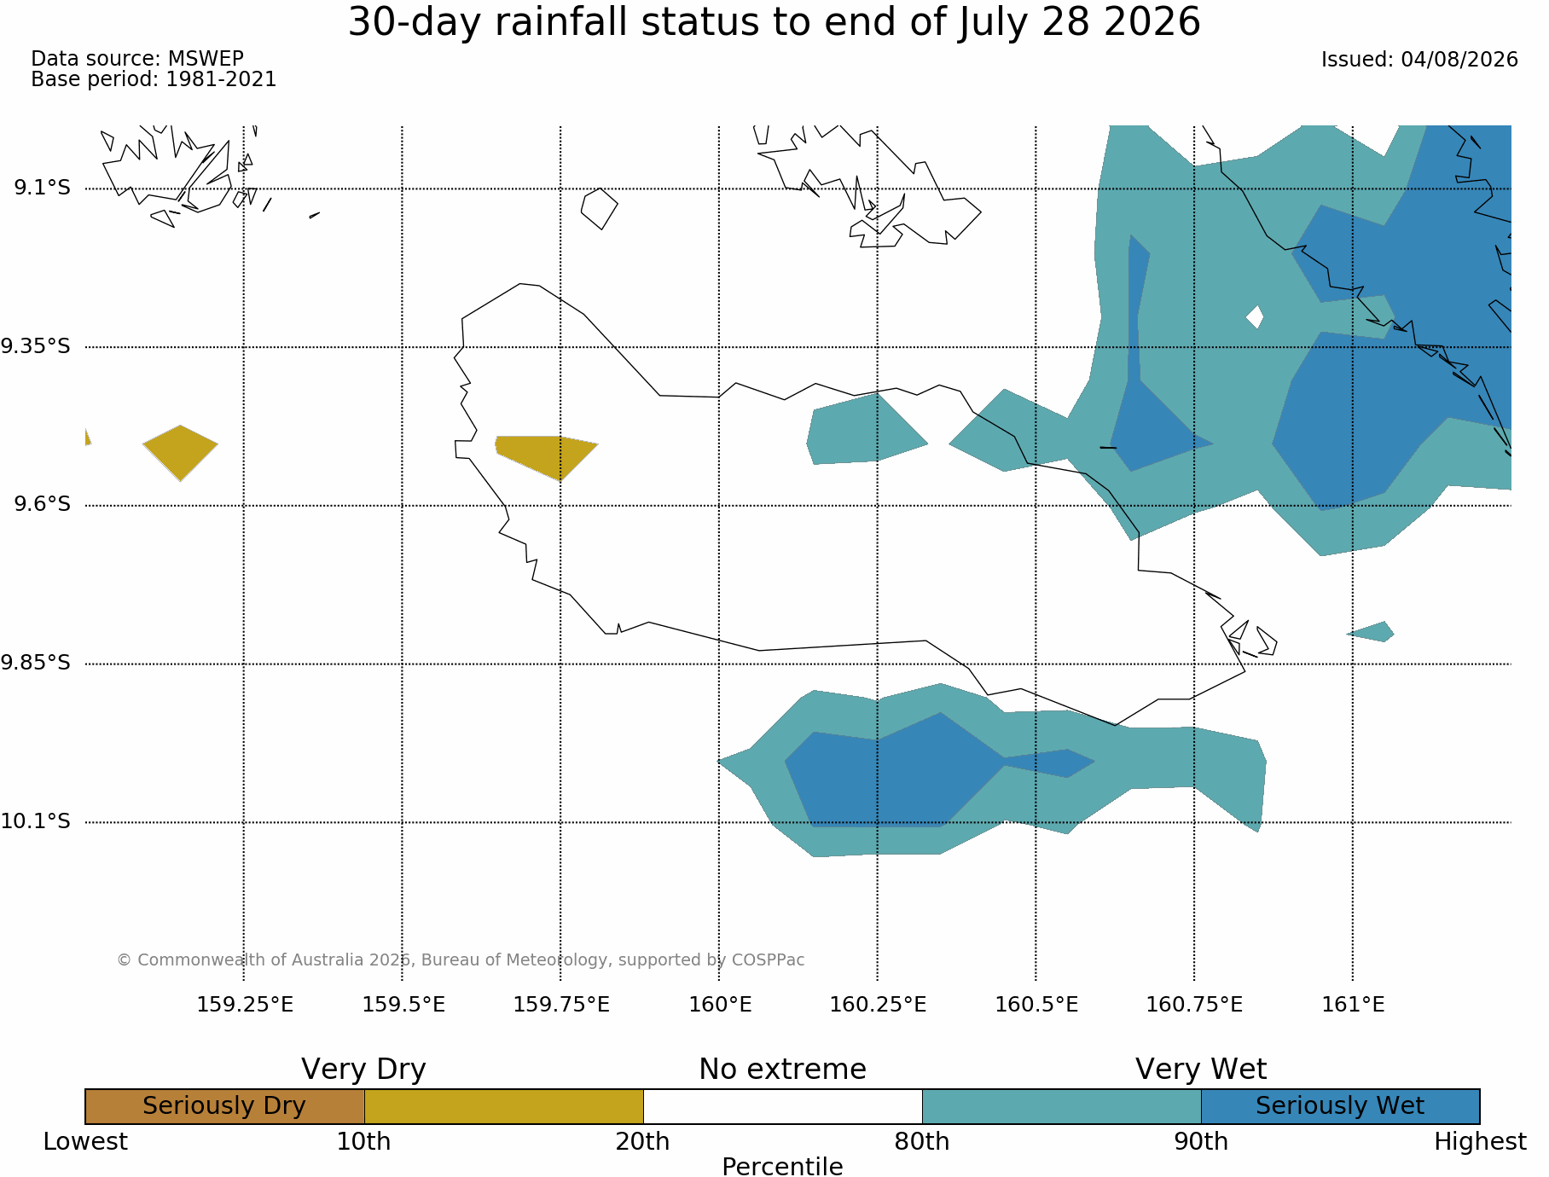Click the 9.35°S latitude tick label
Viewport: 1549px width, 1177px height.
(x=35, y=346)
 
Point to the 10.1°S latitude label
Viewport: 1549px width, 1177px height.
(x=35, y=821)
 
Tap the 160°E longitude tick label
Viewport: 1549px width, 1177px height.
(x=720, y=1005)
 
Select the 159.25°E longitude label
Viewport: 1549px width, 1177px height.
(x=245, y=1005)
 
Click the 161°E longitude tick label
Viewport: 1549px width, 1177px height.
(x=1353, y=1005)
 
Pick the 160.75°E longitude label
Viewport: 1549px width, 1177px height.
(x=1194, y=1005)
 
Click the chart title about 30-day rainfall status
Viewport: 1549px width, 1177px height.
(x=774, y=22)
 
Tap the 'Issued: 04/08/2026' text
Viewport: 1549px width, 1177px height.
(x=1419, y=60)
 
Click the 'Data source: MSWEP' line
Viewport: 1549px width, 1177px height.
(x=137, y=59)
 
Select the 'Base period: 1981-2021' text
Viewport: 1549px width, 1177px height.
(x=154, y=79)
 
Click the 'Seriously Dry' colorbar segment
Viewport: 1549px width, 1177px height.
(x=224, y=1106)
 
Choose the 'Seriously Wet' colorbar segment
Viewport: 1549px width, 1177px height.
(x=1340, y=1106)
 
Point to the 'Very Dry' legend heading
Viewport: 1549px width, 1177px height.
(x=363, y=1069)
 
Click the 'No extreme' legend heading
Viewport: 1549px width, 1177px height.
(x=782, y=1069)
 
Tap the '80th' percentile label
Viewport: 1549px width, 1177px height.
(x=922, y=1141)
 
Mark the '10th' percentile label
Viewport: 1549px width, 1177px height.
(x=364, y=1141)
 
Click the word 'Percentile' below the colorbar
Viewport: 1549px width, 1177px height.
(x=782, y=1167)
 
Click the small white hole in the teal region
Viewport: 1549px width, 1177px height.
(x=1255, y=317)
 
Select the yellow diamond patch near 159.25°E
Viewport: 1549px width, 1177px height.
(x=180, y=453)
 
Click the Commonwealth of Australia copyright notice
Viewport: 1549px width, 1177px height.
(x=461, y=960)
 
